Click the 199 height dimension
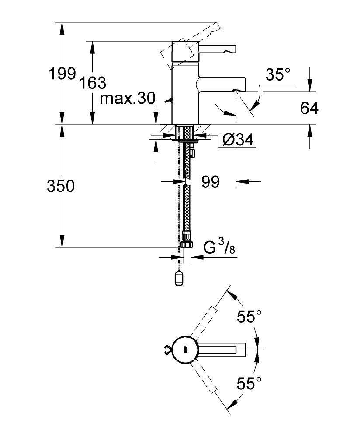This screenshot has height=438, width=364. pos(62,74)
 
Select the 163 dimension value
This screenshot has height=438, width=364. pos(93,83)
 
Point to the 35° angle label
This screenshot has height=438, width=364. pos(278,74)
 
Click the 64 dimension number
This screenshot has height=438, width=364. pos(309,108)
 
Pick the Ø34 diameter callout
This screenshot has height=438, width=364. pos(238,139)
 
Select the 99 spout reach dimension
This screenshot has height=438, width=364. pos(211,182)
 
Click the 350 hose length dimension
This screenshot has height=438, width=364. pos(61,186)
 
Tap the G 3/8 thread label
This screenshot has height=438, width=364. pos(219,247)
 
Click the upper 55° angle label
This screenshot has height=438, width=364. pos(249,317)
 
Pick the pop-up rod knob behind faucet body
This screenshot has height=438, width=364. pos(168,101)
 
